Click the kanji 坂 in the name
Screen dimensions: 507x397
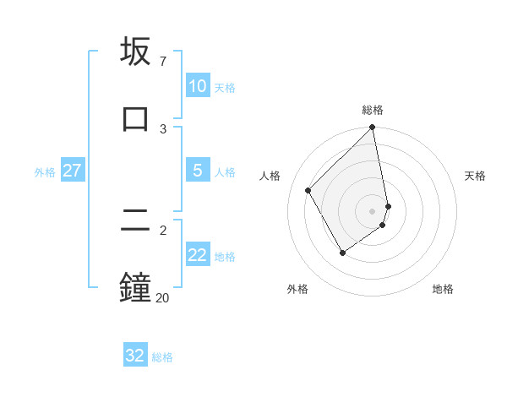(136, 53)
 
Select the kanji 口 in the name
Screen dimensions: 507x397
(136, 118)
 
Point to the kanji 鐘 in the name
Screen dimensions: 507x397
(136, 286)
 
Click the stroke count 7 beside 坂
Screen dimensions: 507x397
(163, 63)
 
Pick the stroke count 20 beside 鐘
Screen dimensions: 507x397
(162, 297)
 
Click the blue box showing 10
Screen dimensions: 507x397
(198, 86)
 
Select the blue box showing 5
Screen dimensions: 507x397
(198, 171)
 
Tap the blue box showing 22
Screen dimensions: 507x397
(198, 255)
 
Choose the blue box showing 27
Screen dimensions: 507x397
(73, 171)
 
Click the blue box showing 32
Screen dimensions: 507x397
(135, 356)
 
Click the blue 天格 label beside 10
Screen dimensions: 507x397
(224, 88)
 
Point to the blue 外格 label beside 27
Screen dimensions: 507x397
(45, 172)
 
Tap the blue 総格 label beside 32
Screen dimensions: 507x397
(162, 357)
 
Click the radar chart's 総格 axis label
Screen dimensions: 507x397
(373, 110)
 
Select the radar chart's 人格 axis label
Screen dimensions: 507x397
(270, 176)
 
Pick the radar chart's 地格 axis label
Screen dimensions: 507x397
(443, 290)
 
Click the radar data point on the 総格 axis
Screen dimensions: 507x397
(373, 128)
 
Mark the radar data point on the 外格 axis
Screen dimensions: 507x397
(342, 253)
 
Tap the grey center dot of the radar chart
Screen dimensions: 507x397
(373, 210)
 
